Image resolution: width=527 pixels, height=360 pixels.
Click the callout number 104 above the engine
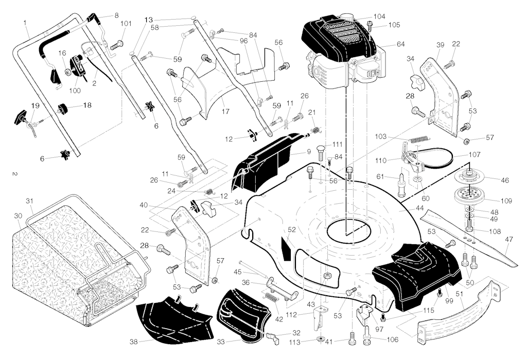(x=379, y=16)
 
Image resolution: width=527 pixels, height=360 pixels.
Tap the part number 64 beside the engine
(x=400, y=44)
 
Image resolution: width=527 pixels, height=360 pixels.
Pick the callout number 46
(x=505, y=181)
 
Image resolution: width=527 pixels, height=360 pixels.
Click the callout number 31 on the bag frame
(x=29, y=201)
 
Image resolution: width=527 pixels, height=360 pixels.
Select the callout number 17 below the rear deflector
(x=225, y=110)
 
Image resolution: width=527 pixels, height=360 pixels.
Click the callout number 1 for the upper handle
(x=25, y=22)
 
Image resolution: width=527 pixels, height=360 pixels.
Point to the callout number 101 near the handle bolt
(x=126, y=24)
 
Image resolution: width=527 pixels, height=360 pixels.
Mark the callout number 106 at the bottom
(x=392, y=339)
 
